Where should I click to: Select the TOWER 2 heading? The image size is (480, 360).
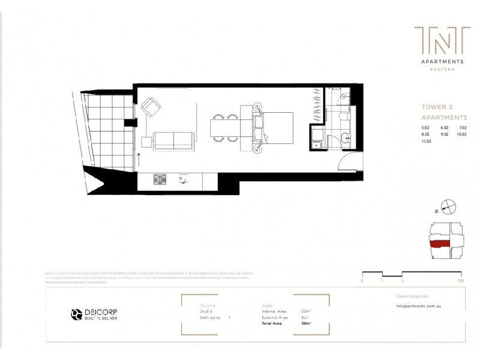[x=436, y=107]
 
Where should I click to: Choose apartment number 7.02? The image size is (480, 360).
[x=463, y=128]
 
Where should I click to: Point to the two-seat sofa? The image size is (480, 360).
[x=174, y=140]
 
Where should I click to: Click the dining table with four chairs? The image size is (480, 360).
[x=226, y=128]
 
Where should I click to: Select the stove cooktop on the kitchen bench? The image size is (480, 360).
[x=160, y=179]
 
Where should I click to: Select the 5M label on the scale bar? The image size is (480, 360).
[x=459, y=280]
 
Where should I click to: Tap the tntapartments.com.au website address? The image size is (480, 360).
[x=423, y=306]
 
